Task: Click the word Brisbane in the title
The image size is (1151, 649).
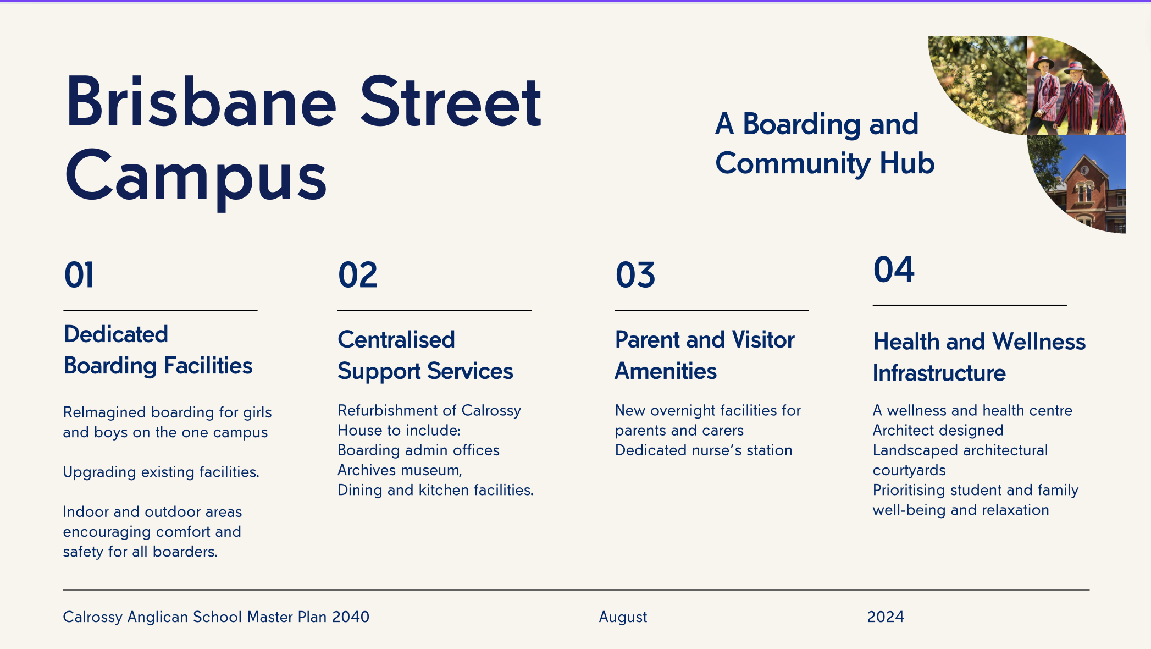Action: tap(201, 102)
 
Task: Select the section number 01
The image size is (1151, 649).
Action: tap(79, 275)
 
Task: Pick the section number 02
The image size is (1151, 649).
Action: tap(358, 275)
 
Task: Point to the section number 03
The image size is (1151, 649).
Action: tap(635, 275)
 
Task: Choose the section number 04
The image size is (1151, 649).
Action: tap(894, 269)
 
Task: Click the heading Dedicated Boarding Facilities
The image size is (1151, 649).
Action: tap(158, 350)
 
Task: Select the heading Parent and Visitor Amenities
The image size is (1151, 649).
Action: tap(705, 355)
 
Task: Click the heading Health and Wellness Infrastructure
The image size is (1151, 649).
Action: tap(980, 358)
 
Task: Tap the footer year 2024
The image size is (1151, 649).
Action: tap(886, 617)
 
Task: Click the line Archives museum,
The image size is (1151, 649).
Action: tap(400, 471)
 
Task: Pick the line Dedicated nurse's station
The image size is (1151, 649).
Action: tap(704, 450)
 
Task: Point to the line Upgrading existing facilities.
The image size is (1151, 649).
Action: tap(161, 472)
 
